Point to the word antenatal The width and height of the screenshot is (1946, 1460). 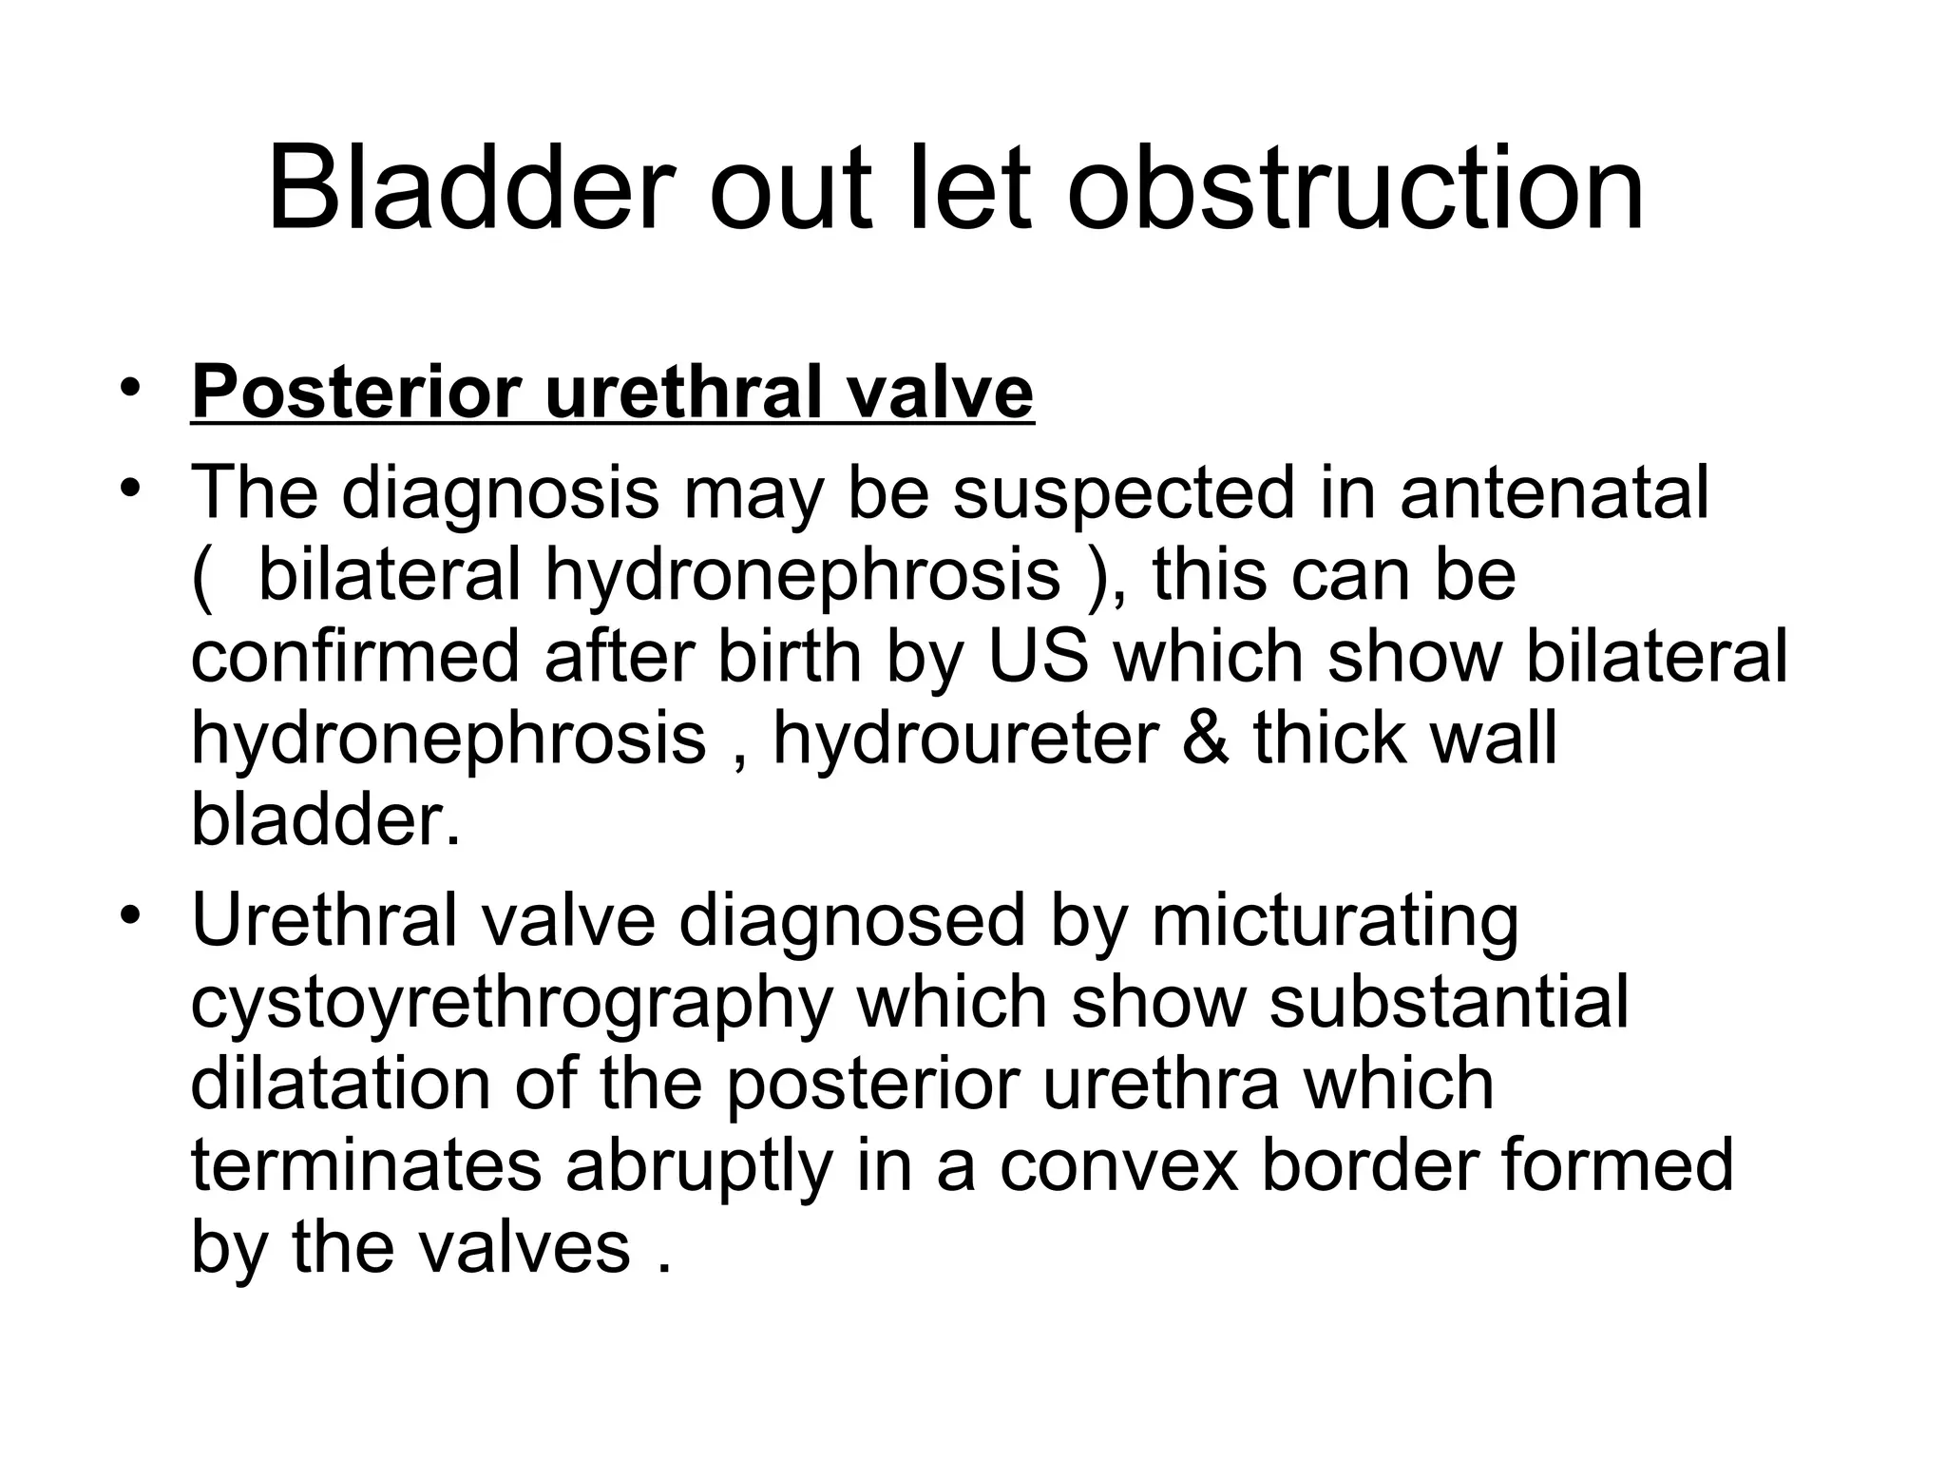tap(1555, 493)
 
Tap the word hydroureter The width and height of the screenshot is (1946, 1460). tap(965, 739)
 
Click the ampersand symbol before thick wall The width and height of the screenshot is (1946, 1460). tap(1205, 739)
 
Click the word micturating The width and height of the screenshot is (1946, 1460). tap(1335, 920)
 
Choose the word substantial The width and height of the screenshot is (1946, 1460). tap(1448, 1002)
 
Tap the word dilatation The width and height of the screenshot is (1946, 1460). tap(340, 1084)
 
